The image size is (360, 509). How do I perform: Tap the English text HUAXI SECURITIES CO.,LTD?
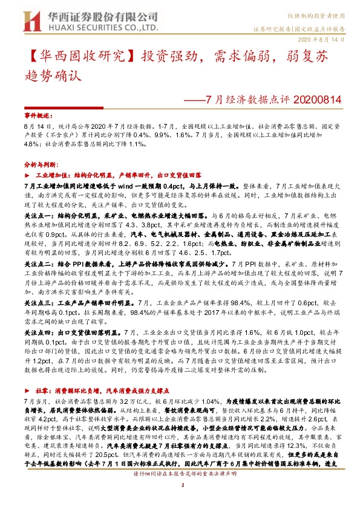pos(99,27)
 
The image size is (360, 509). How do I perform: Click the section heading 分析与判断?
pos(40,164)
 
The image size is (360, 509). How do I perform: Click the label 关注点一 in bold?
pos(39,215)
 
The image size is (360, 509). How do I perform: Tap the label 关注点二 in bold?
pos(39,264)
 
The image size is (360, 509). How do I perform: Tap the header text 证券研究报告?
pos(270,28)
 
